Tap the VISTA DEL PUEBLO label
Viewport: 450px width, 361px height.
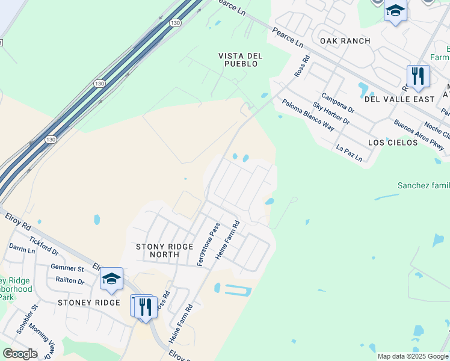240,60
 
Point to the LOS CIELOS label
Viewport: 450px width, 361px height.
393,143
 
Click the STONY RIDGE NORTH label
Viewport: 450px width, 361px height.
164,250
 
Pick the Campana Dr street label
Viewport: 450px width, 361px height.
338,103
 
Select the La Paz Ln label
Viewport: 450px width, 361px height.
350,153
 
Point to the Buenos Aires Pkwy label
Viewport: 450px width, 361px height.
419,135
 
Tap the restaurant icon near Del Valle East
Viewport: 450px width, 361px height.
418,76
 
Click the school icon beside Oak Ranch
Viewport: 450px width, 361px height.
395,11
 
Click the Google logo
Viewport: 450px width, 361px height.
20,354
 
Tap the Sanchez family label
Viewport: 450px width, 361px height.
424,186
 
